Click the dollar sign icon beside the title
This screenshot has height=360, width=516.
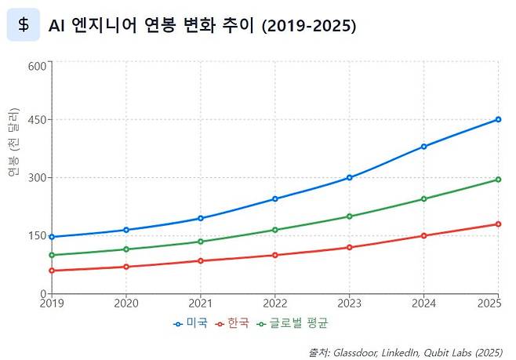pyautogui.click(x=24, y=25)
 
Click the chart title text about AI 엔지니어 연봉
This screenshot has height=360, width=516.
pyautogui.click(x=202, y=26)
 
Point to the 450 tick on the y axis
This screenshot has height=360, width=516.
pyautogui.click(x=37, y=120)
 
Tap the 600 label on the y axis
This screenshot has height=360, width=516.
pyautogui.click(x=37, y=66)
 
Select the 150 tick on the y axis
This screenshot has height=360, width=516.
pyautogui.click(x=37, y=235)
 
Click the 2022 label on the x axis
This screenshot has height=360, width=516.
pyautogui.click(x=275, y=303)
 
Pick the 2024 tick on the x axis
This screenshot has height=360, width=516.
pyautogui.click(x=424, y=303)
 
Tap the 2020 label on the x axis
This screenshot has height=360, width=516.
pyautogui.click(x=126, y=303)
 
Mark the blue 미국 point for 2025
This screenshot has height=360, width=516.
pyautogui.click(x=498, y=119)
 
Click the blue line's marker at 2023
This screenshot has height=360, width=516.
pyautogui.click(x=349, y=177)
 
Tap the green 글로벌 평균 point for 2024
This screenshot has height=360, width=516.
pyautogui.click(x=423, y=198)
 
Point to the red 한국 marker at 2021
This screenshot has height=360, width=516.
pyautogui.click(x=201, y=260)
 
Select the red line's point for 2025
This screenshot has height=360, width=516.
pyautogui.click(x=498, y=224)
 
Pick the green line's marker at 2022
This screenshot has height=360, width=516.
pyautogui.click(x=275, y=230)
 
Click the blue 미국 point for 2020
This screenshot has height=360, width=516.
pyautogui.click(x=126, y=230)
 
